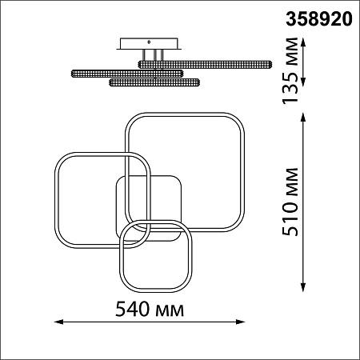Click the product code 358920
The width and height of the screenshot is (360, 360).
(x=319, y=19)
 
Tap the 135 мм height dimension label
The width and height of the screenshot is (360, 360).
(x=290, y=70)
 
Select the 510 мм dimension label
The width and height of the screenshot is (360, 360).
(x=290, y=202)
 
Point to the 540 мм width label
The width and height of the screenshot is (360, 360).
(x=150, y=309)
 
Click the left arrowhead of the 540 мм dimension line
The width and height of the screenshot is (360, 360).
(x=58, y=322)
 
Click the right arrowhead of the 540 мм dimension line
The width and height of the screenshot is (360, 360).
(x=240, y=322)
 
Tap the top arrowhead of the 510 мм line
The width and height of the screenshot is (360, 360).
(x=302, y=118)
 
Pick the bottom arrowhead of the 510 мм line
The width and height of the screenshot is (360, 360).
(x=302, y=287)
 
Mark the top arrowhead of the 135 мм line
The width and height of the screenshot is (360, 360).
(x=302, y=42)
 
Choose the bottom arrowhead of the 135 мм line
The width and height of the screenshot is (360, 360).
(x=302, y=82)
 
